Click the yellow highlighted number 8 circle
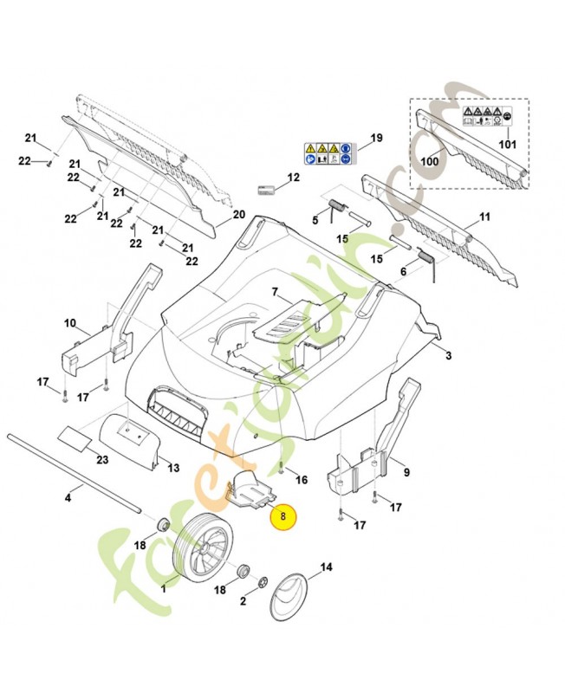(282, 517)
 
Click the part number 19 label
(375, 139)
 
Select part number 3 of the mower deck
(448, 356)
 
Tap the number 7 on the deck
(275, 292)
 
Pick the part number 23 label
(102, 459)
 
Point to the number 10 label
(70, 324)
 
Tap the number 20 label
(240, 214)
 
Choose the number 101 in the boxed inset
(508, 144)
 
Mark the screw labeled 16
(283, 467)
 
